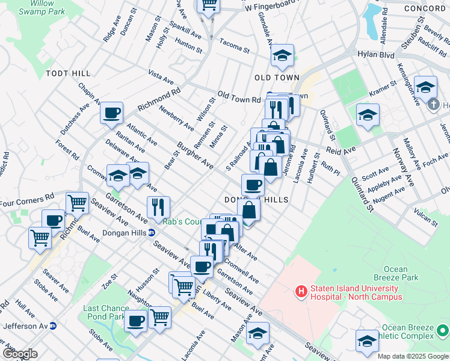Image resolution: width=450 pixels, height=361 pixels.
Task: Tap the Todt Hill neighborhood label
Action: (x=68, y=73)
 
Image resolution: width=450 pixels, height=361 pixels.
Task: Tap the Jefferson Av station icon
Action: (x=53, y=326)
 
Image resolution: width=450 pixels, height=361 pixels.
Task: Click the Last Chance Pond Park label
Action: (x=106, y=312)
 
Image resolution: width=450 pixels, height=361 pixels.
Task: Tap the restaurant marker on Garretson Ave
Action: (x=158, y=207)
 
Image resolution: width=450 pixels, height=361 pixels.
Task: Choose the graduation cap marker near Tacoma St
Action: (x=282, y=55)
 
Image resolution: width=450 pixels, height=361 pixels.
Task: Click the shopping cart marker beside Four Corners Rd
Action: (x=77, y=203)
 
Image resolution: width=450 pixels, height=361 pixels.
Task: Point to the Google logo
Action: (x=19, y=354)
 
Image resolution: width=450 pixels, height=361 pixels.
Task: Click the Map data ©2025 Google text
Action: (x=412, y=356)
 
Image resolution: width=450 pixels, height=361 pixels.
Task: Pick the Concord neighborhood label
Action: (x=424, y=8)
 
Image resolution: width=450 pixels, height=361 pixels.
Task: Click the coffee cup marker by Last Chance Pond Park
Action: (x=136, y=321)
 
